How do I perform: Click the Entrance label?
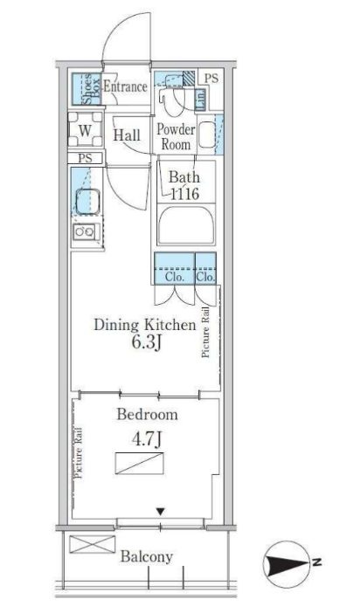[125, 86]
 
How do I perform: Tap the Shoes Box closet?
[87, 88]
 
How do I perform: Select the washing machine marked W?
[86, 130]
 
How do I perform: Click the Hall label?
[127, 135]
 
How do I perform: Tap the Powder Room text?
[176, 136]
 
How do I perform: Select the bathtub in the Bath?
[186, 224]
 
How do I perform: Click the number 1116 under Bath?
[184, 194]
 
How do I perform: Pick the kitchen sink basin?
[87, 202]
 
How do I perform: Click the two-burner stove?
[86, 232]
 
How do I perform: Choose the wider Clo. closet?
[175, 268]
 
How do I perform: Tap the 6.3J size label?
[146, 343]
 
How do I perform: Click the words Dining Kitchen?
[145, 325]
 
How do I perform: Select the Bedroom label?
[147, 415]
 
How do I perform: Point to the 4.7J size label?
[146, 440]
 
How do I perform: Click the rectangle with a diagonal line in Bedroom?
[140, 464]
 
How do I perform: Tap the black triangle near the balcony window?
[160, 512]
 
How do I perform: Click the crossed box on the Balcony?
[93, 544]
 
